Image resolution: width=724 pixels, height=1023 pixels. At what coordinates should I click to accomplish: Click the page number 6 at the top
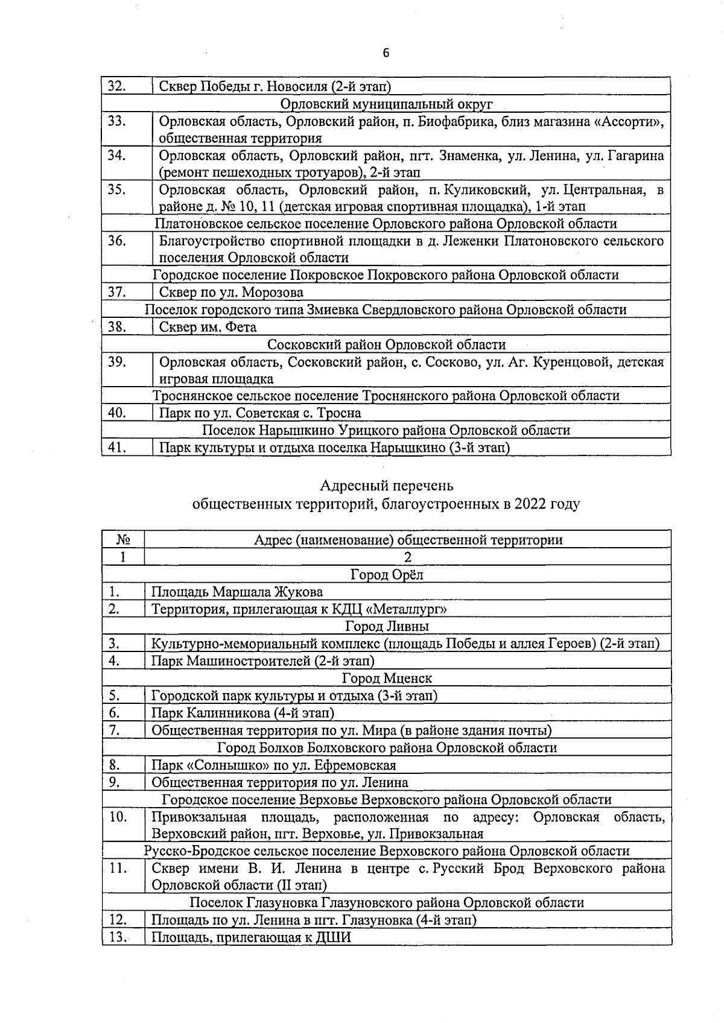click(x=386, y=53)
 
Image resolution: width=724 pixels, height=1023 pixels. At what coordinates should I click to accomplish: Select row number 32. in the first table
click(x=116, y=86)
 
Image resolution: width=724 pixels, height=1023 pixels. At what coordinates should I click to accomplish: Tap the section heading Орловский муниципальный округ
click(x=387, y=104)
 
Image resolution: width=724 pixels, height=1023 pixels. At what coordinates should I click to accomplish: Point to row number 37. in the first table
click(x=116, y=293)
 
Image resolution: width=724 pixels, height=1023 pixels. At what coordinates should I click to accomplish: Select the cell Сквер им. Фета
click(x=208, y=328)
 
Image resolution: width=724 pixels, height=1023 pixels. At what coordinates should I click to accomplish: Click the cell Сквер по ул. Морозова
click(x=231, y=293)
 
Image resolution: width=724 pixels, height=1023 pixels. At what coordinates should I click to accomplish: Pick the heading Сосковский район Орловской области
click(x=386, y=344)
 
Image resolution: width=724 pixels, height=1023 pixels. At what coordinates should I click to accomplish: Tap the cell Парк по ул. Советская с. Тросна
click(x=260, y=413)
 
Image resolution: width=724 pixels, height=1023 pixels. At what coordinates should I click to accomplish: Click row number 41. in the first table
click(x=116, y=448)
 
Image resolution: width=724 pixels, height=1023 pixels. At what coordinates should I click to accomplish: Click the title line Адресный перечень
click(x=386, y=486)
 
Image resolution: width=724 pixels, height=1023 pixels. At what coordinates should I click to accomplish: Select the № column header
click(x=123, y=540)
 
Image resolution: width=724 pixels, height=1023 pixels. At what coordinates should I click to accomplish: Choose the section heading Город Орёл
click(x=387, y=574)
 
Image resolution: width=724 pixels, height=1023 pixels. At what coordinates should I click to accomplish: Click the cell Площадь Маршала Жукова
click(x=237, y=592)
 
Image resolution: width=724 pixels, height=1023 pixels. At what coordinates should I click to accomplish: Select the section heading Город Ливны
click(x=387, y=626)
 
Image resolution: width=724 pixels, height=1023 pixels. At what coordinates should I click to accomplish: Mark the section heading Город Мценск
click(x=387, y=678)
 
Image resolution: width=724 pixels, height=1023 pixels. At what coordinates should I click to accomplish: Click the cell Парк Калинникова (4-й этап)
click(x=243, y=713)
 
